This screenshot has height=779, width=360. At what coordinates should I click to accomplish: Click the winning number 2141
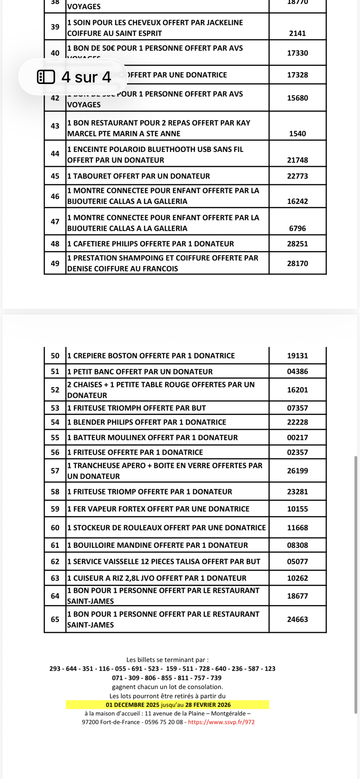[297, 33]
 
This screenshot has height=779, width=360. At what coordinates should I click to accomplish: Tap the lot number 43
[55, 126]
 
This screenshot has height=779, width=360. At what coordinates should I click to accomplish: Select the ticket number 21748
[297, 160]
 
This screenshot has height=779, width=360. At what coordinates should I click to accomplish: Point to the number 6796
[297, 228]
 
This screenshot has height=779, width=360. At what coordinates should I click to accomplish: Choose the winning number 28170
[297, 263]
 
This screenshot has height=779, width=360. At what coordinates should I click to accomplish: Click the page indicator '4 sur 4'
[74, 77]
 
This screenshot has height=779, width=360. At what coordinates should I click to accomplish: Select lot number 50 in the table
[55, 356]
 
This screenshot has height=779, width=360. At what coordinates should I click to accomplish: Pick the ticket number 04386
[297, 371]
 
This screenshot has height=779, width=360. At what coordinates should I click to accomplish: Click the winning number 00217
[297, 437]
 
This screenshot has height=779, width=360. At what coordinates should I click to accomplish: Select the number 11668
[297, 528]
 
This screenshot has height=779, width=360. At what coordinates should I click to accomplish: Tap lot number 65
[55, 619]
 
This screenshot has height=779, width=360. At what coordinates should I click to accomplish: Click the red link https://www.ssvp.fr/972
[221, 722]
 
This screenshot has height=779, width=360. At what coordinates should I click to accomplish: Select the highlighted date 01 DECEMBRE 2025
[132, 705]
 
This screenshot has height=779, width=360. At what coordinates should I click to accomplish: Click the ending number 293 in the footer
[55, 669]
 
